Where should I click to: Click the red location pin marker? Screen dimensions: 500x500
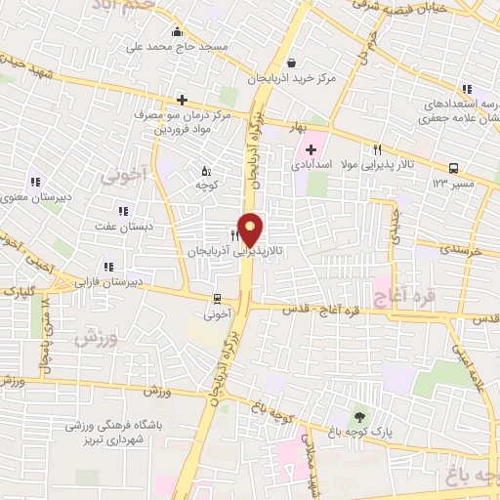[x=251, y=229]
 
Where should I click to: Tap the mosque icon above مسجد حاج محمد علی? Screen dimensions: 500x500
[x=176, y=31]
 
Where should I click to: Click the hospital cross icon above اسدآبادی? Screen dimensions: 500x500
[x=311, y=149]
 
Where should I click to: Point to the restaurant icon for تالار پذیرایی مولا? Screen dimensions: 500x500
[x=376, y=149]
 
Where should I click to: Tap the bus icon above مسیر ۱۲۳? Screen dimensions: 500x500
[x=454, y=168]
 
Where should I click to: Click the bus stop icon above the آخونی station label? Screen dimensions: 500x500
[x=216, y=299]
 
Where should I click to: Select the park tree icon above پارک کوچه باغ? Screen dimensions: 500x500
[x=359, y=417]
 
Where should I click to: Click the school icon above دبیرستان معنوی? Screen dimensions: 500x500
[x=36, y=180]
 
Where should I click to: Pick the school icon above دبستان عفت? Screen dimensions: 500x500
[x=123, y=210]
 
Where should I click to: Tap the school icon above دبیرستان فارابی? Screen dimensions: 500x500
[x=109, y=265]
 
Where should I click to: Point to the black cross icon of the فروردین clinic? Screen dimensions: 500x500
[x=183, y=99]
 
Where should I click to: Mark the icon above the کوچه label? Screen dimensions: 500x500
[x=204, y=167]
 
